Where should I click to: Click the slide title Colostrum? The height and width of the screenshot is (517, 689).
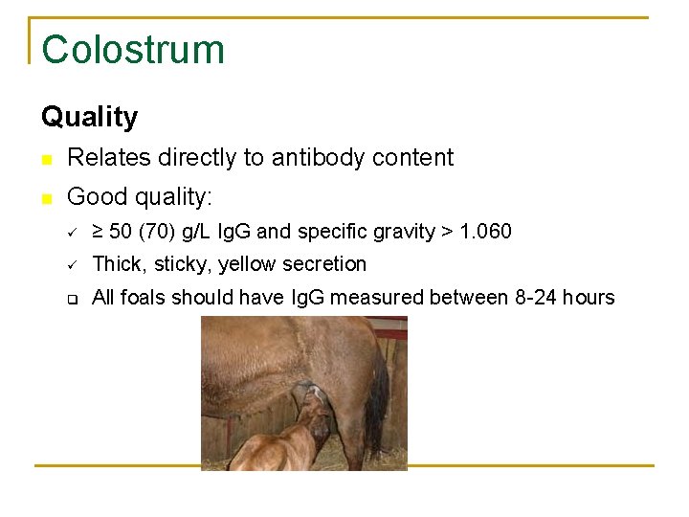[133, 50]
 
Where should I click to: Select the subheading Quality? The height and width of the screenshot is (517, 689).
[89, 117]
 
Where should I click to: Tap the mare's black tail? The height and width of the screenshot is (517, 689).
[377, 402]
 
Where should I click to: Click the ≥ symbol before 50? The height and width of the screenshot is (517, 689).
[97, 232]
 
